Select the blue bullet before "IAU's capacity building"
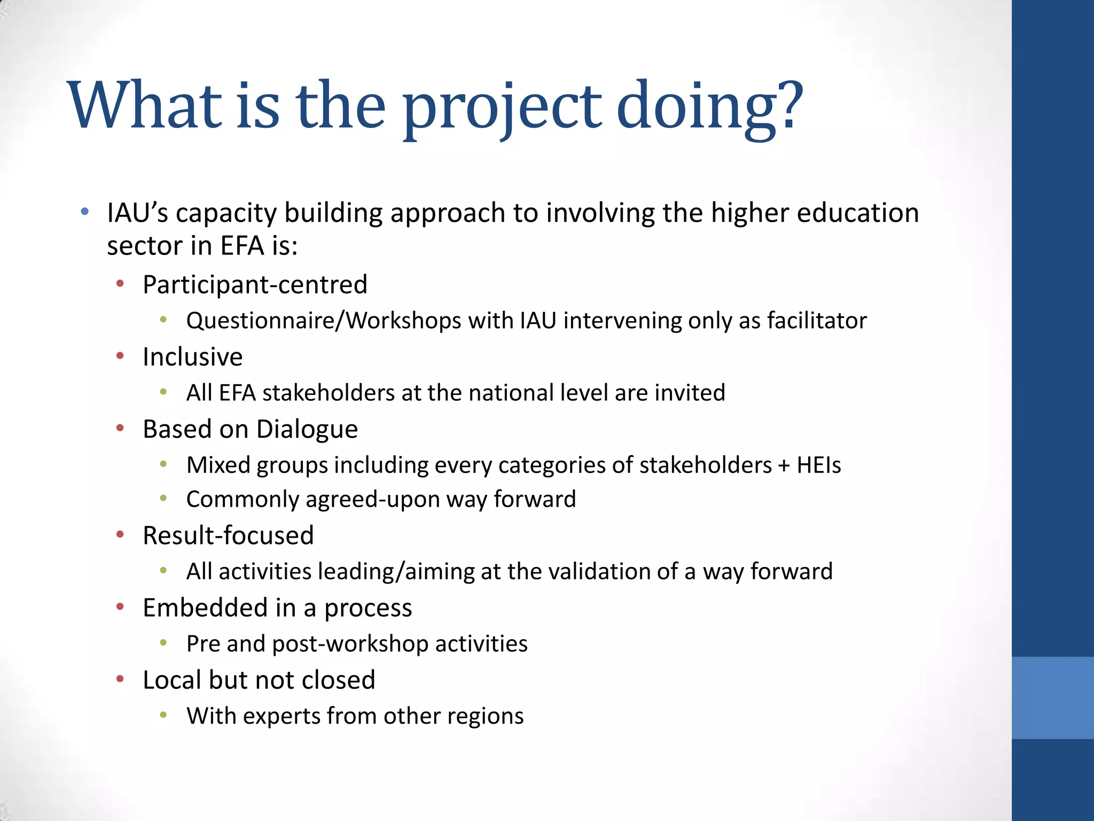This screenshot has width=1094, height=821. pyautogui.click(x=84, y=212)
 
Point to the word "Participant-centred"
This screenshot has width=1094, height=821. pyautogui.click(x=255, y=284)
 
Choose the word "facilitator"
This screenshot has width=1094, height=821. pyautogui.click(x=817, y=321)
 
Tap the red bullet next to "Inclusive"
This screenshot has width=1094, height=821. pyautogui.click(x=120, y=355)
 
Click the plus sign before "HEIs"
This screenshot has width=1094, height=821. pyautogui.click(x=784, y=466)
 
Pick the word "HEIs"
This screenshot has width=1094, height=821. pyautogui.click(x=819, y=465)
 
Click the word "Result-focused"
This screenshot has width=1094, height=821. pyautogui.click(x=228, y=536)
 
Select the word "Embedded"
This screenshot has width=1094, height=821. pyautogui.click(x=205, y=608)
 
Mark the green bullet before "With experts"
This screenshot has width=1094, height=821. pyautogui.click(x=163, y=715)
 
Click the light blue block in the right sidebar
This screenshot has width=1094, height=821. pyautogui.click(x=1052, y=698)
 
